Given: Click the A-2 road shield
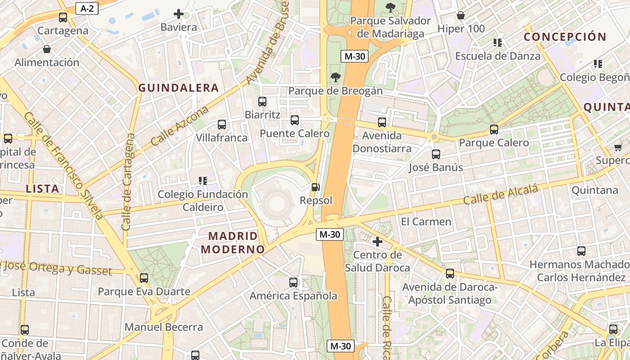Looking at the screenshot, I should [x=87, y=8].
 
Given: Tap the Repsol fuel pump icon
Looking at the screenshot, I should [x=316, y=187].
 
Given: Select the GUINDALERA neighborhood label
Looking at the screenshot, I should [x=179, y=88].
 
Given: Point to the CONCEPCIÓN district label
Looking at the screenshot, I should [x=565, y=37].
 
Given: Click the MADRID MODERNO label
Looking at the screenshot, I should [x=233, y=243].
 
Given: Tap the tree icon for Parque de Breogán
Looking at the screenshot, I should [x=335, y=77].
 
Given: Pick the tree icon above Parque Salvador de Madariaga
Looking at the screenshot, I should [x=391, y=7].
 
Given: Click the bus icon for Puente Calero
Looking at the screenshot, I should [x=295, y=120].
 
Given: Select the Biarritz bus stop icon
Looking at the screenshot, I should [x=262, y=102].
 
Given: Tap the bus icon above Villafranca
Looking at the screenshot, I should [x=222, y=125].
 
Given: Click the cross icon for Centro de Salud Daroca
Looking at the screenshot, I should [x=378, y=242].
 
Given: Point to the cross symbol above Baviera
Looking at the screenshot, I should [x=179, y=14].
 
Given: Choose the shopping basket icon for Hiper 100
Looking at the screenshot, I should [x=461, y=16].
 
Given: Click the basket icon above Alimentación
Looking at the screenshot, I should [x=47, y=49].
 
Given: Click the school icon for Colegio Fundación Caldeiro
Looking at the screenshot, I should [x=203, y=181].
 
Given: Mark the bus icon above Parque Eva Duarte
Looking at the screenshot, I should [x=144, y=278].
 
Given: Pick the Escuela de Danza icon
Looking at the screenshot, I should [x=497, y=43].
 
